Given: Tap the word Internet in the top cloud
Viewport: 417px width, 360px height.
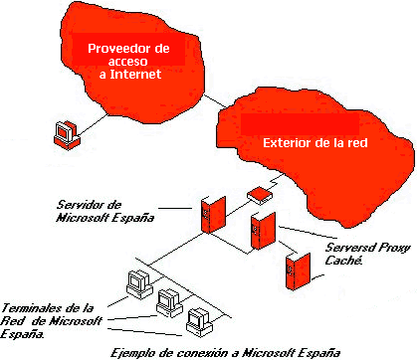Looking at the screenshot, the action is [x=135, y=74].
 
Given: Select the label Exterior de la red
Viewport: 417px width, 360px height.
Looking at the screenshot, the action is [x=315, y=143].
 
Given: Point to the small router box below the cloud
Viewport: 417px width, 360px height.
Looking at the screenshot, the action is [x=260, y=195].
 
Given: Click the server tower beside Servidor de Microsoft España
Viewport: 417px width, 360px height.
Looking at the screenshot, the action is [x=213, y=215].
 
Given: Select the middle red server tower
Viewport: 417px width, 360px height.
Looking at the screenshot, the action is [x=263, y=231].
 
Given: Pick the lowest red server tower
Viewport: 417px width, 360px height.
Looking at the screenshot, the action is [x=298, y=271].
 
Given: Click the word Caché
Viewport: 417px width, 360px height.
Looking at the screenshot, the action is [x=343, y=261].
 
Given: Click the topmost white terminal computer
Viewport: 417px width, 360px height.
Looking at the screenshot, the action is [x=139, y=284].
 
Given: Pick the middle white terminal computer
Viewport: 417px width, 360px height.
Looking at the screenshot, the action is [x=169, y=303].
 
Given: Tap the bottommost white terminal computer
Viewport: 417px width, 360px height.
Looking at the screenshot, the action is [x=199, y=322].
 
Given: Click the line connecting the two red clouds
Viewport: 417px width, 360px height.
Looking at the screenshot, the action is [x=214, y=100].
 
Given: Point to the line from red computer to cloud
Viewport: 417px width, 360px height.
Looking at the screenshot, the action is [x=93, y=125].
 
